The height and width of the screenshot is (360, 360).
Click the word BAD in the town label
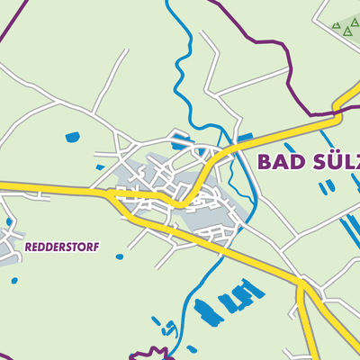point(278,162)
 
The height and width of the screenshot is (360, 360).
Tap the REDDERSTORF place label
point(62,246)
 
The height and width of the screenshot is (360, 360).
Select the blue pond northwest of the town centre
point(72,138)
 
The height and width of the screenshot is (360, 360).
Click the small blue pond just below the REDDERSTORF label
point(120,256)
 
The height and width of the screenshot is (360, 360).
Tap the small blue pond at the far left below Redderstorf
point(14,281)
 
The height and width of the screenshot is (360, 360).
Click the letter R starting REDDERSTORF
point(29,246)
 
